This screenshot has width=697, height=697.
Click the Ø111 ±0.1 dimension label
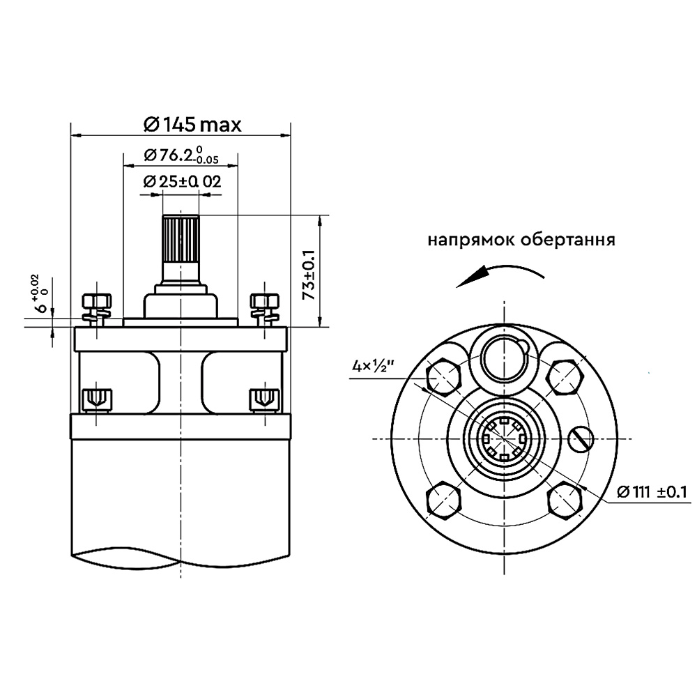point(652,493)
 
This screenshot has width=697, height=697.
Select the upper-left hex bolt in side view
point(97,307)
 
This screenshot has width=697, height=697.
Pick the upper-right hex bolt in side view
point(266,307)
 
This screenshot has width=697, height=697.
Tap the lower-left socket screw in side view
point(96,399)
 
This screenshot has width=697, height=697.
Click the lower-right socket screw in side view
point(266,399)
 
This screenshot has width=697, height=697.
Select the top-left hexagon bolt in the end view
point(444,377)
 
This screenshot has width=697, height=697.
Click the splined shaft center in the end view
point(503,438)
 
